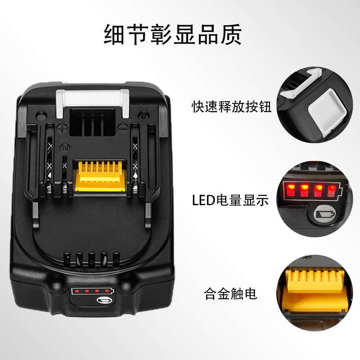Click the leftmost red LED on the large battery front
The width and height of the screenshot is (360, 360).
(76, 291)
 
